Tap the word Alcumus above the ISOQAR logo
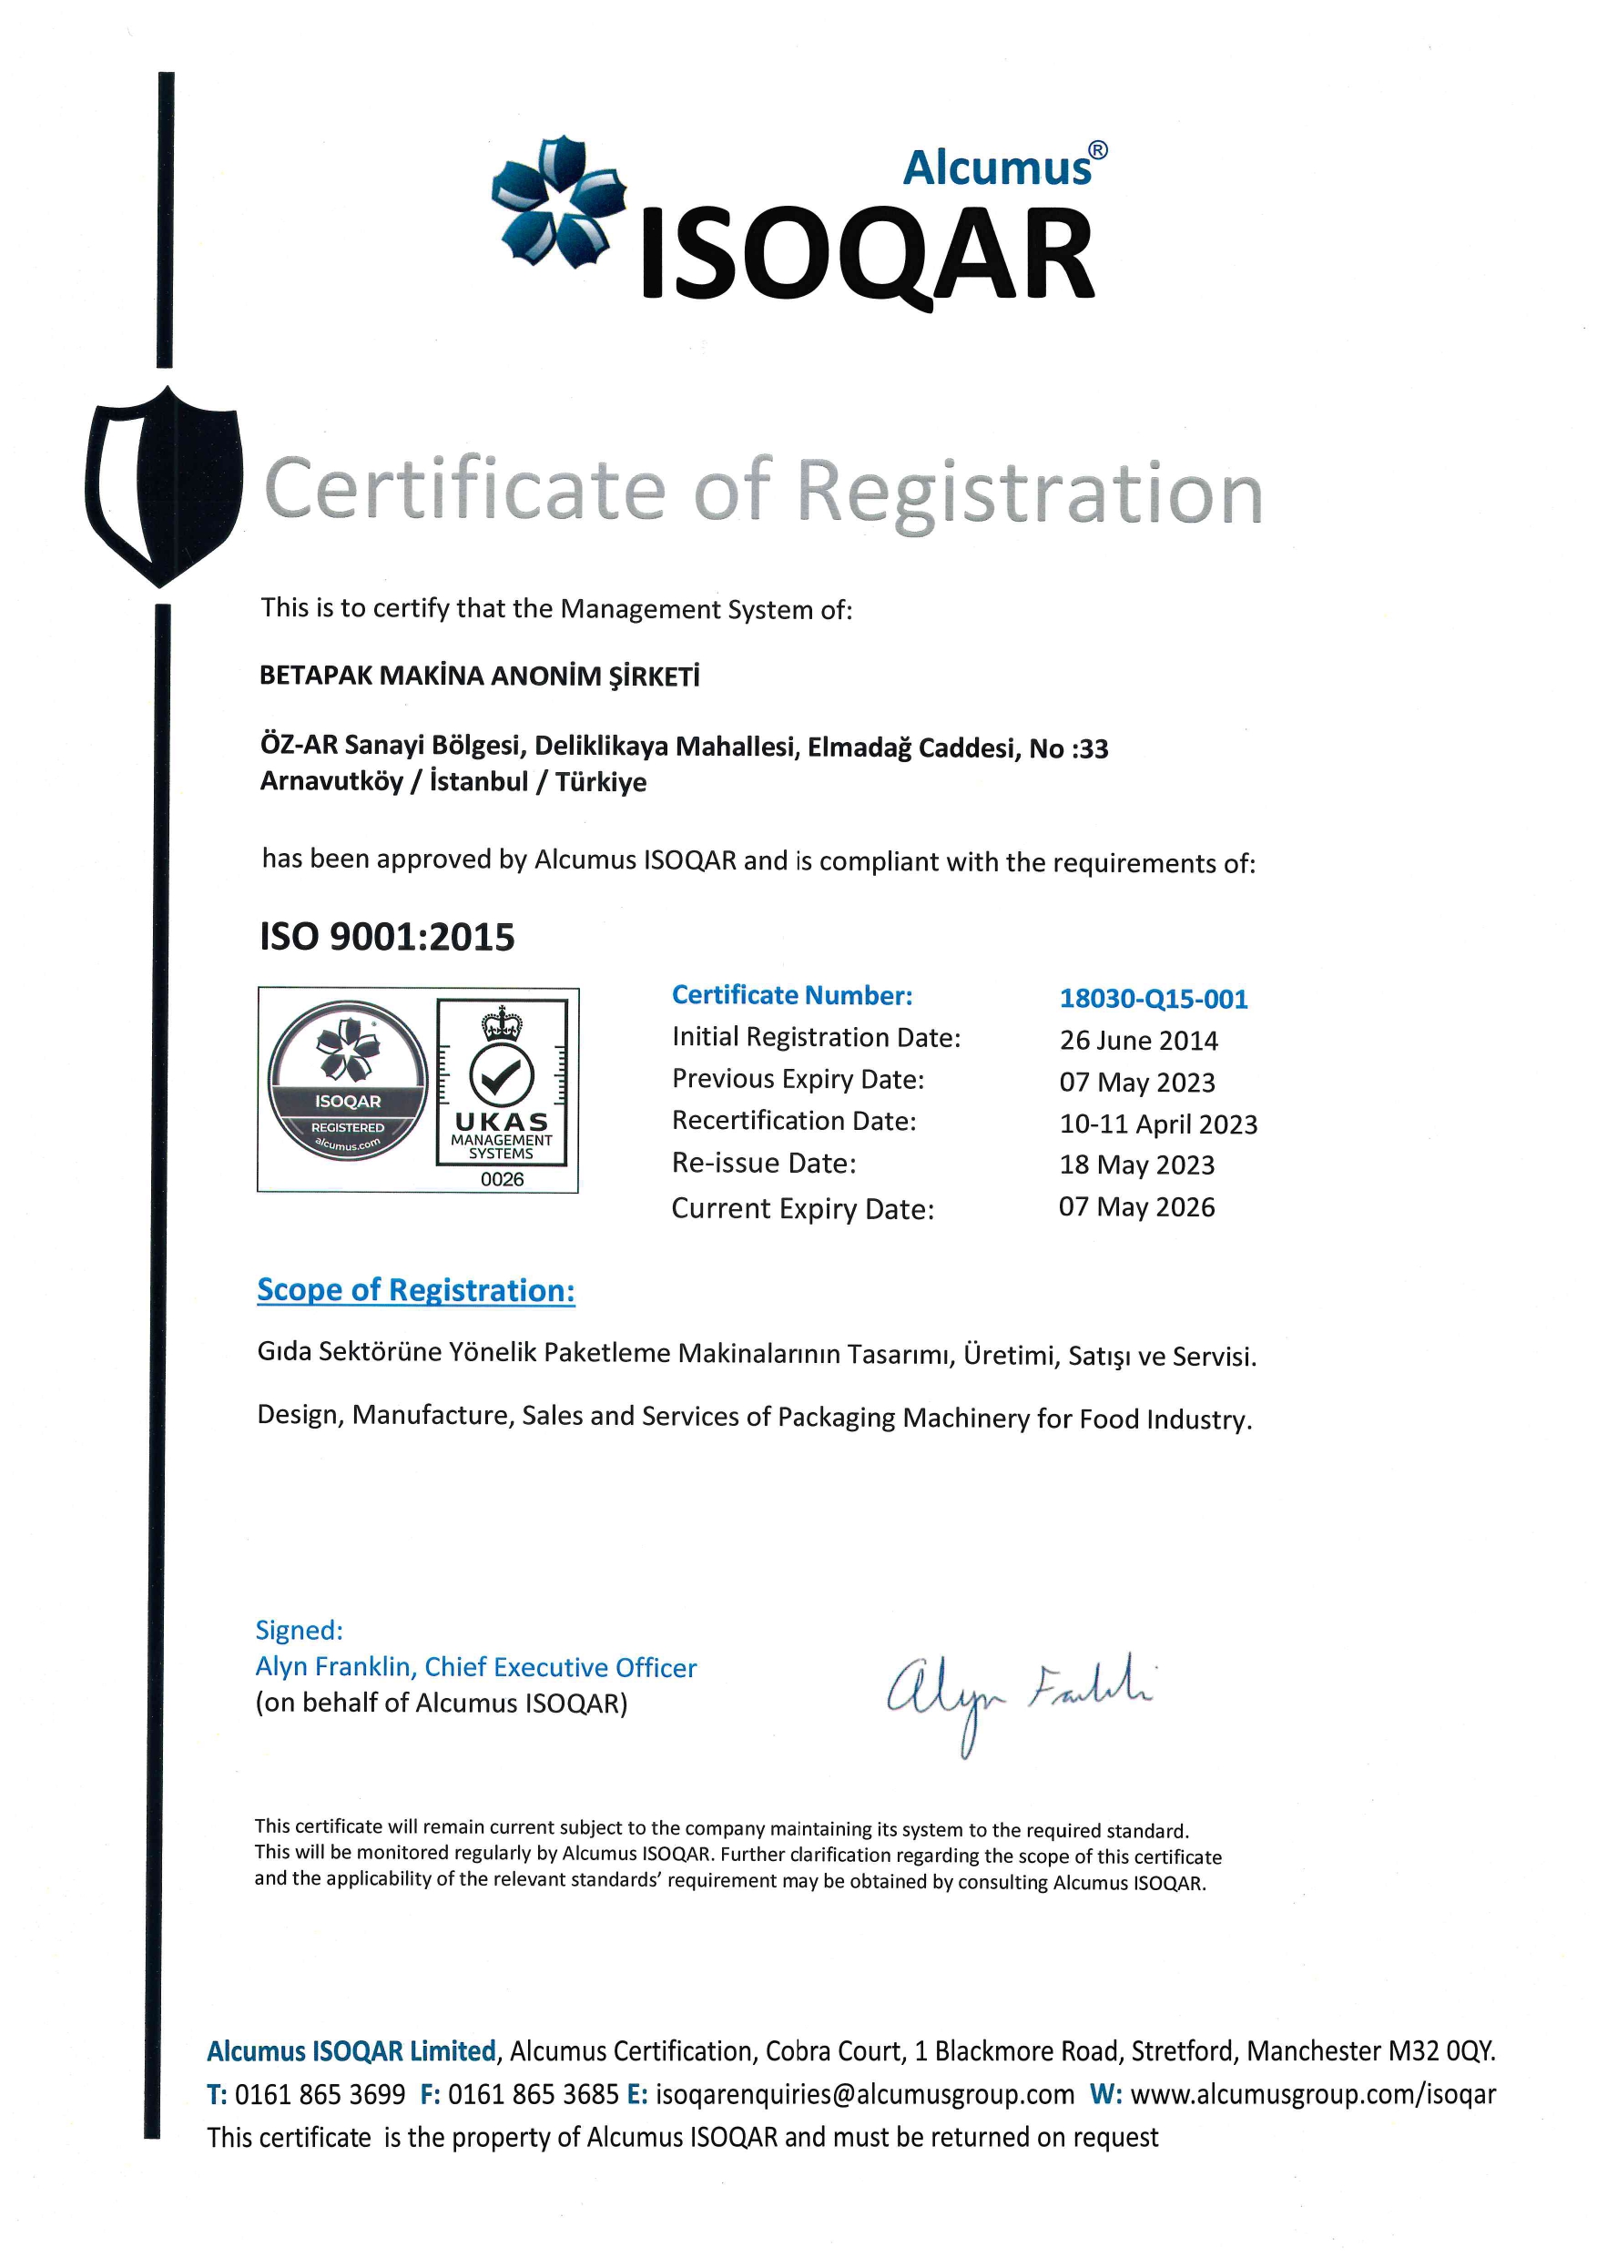click(x=997, y=168)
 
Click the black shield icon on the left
click(x=163, y=486)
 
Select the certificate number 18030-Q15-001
click(x=1153, y=999)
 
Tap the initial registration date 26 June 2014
click(x=1138, y=1041)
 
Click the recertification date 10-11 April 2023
click(x=1157, y=1124)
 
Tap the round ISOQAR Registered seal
click(x=348, y=1081)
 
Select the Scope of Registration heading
click(x=416, y=1290)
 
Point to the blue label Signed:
click(x=299, y=1631)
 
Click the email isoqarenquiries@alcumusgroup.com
click(x=864, y=2094)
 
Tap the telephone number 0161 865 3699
click(x=320, y=2094)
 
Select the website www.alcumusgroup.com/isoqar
click(x=1312, y=2094)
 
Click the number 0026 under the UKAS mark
click(x=502, y=1179)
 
